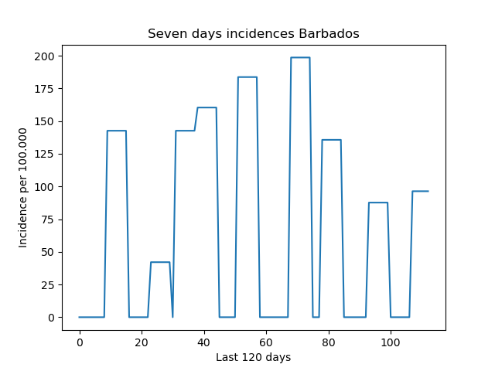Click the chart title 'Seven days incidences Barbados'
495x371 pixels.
point(254,33)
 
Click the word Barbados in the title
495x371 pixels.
point(329,33)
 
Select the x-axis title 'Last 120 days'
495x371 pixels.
point(253,357)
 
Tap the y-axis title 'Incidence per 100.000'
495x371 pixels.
point(22,188)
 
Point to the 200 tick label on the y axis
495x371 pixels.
point(44,56)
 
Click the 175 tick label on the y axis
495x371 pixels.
point(44,89)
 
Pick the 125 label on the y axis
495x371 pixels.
point(44,155)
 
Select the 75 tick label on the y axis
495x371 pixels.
point(48,220)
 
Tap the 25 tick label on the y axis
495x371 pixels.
point(48,285)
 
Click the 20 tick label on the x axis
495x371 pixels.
point(142,342)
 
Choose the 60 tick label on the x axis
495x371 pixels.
point(266,342)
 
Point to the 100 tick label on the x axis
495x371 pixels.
point(391,342)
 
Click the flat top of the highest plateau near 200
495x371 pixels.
point(301,57)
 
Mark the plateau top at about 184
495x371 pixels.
point(247,77)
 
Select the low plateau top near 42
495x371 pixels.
point(160,262)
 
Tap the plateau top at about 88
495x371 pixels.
point(378,203)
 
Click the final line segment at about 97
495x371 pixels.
point(421,191)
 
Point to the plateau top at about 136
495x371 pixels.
point(332,140)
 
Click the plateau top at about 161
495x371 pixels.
point(207,107)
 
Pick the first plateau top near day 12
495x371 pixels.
point(117,131)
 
